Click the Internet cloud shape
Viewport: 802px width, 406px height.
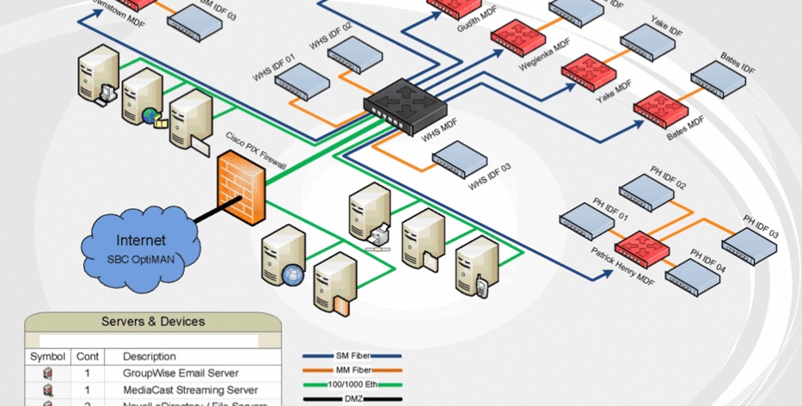[138, 245]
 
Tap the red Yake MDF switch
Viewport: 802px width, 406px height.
[589, 68]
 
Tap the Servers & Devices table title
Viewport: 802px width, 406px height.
[153, 322]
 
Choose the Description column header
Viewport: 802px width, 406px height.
[150, 356]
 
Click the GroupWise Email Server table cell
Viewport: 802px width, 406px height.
[181, 373]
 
